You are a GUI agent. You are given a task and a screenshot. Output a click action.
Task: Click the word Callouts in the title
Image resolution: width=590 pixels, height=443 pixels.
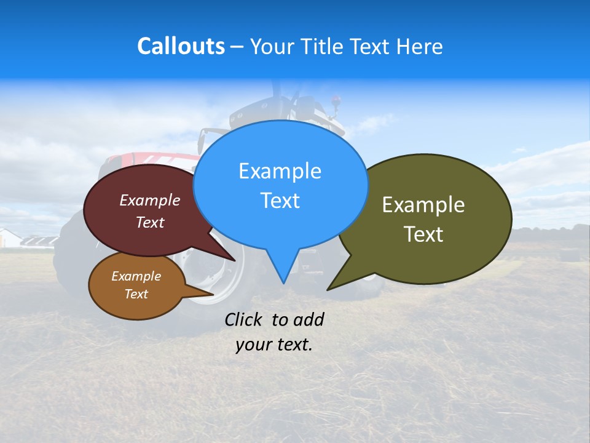point(181,46)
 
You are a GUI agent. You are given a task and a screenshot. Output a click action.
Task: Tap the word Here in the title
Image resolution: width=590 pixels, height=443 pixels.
point(419,46)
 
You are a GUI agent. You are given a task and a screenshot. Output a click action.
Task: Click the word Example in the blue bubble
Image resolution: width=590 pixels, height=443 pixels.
point(280,171)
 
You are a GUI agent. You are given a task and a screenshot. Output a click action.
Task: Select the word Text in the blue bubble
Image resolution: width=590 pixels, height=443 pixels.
point(280,201)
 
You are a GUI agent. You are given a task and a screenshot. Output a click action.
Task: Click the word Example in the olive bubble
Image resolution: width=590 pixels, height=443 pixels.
point(423,205)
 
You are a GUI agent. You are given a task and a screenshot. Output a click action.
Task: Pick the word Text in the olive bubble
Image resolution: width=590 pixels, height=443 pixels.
point(423,234)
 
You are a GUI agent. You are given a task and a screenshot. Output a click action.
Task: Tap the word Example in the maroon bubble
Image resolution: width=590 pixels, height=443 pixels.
point(150,201)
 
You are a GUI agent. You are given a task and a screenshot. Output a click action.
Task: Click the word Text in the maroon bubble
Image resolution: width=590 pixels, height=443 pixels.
point(150,222)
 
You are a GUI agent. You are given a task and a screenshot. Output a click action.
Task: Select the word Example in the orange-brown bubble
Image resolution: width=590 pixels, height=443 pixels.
point(136,276)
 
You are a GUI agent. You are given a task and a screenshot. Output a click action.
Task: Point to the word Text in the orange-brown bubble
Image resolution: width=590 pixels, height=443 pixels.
point(136,294)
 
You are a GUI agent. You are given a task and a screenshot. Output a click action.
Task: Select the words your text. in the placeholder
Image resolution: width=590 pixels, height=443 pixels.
point(274,345)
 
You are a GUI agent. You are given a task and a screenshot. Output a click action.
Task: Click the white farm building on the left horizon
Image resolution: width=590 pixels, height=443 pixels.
point(10,238)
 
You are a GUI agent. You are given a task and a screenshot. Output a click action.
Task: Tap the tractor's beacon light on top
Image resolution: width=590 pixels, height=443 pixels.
point(336,99)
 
